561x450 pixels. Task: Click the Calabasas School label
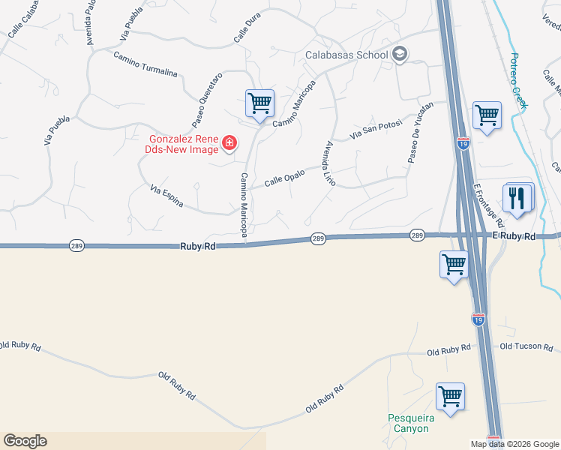346,55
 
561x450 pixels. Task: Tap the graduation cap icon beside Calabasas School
400,53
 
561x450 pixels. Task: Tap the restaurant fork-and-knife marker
517,198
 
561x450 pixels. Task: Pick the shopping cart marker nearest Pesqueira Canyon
450,397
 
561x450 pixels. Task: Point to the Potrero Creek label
518,81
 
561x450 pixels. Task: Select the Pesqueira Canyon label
408,423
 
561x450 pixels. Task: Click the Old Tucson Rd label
526,346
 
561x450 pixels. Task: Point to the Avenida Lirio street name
329,163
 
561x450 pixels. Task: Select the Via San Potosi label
377,130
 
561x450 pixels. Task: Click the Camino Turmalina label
145,64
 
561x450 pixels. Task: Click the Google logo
25,441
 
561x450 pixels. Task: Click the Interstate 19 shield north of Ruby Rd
463,142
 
